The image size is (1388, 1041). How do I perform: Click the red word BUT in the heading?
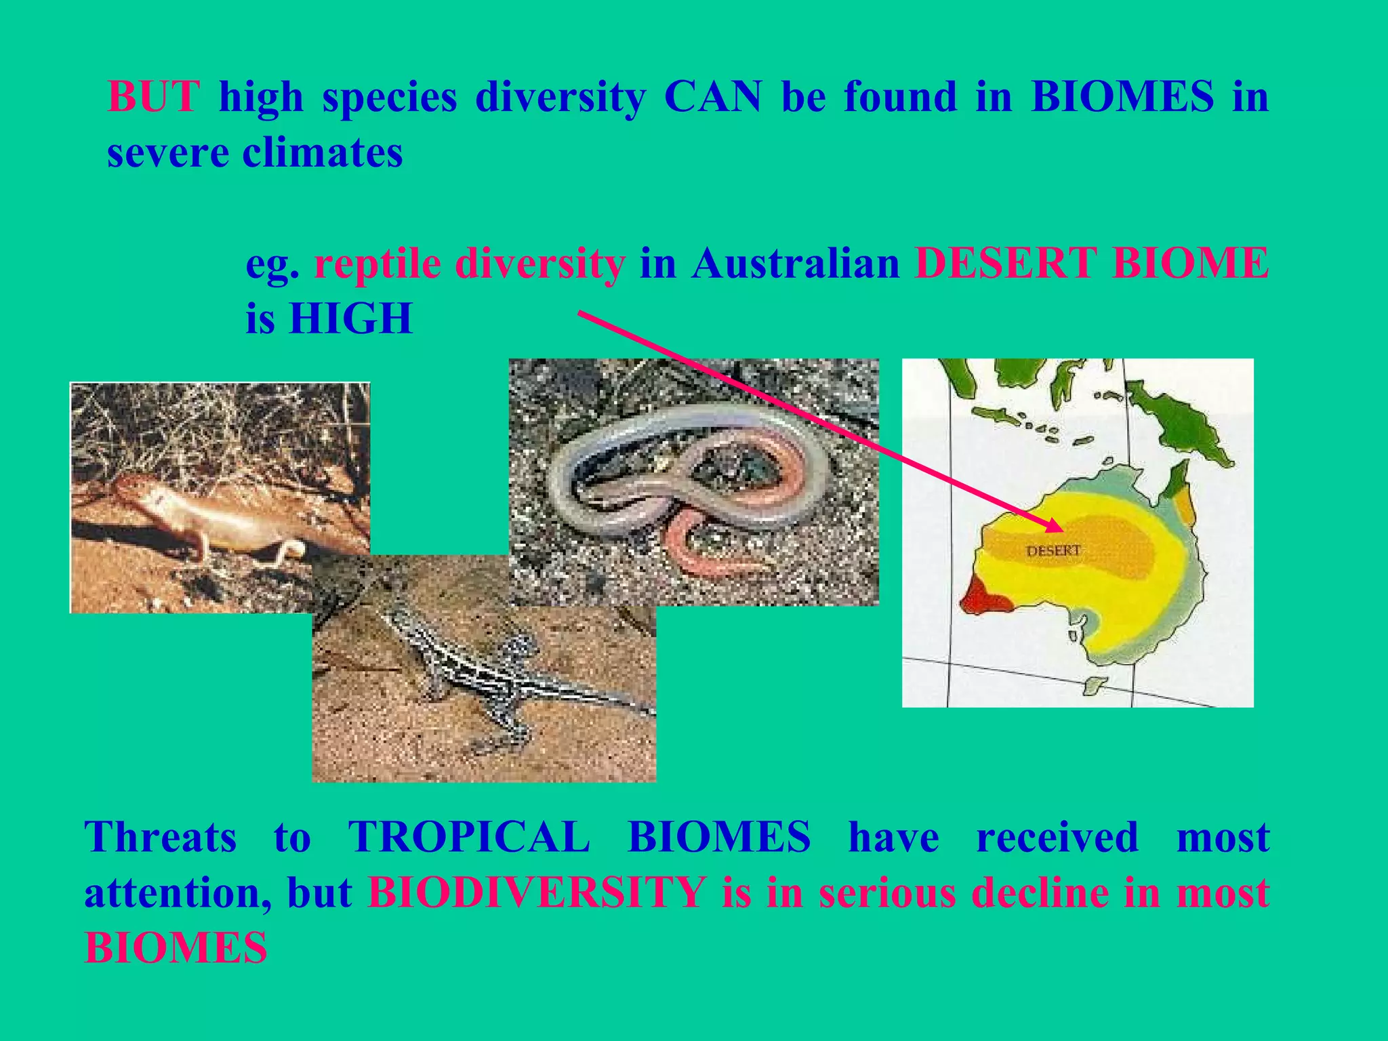click(153, 97)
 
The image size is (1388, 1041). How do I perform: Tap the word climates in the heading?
click(322, 152)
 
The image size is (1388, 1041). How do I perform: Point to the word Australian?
click(796, 263)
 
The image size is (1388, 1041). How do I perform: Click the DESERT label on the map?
click(1053, 551)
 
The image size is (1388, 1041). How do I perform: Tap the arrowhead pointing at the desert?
click(1055, 527)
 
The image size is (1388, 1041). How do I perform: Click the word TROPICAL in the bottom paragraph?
click(469, 837)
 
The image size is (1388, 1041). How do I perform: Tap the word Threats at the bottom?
click(161, 837)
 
